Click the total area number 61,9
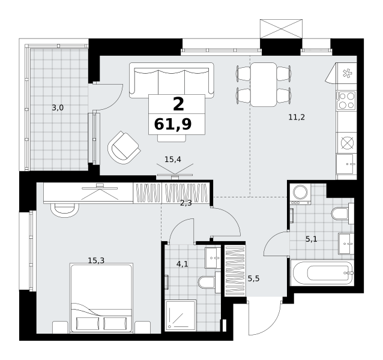tap(173, 124)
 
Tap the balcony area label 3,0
tap(58, 107)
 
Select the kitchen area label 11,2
tap(297, 118)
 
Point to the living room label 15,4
tap(173, 160)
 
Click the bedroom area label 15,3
tap(96, 260)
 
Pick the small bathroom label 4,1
tap(182, 264)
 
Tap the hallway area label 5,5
tap(253, 278)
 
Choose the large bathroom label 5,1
tap(312, 239)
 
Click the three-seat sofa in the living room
tap(172, 80)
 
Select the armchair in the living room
tap(124, 148)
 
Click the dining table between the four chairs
tap(264, 85)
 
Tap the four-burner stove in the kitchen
tap(346, 100)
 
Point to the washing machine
tap(300, 194)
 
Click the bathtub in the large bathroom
tap(322, 272)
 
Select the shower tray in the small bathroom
tap(181, 316)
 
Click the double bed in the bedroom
tap(101, 298)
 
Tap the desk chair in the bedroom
tap(65, 210)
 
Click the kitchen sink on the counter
tap(345, 164)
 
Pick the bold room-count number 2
tap(178, 104)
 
